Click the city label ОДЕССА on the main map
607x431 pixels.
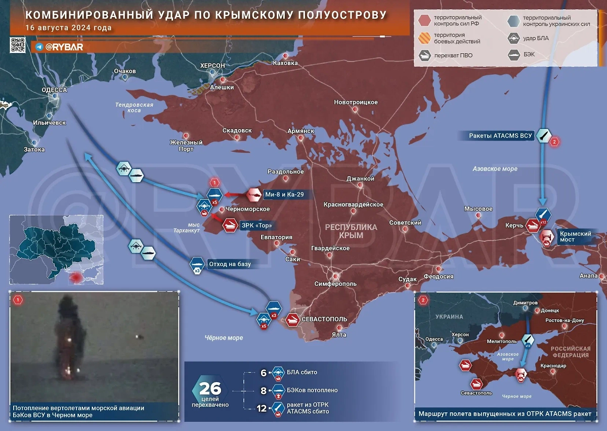tap(54, 90)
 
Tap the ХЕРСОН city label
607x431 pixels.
tap(212, 66)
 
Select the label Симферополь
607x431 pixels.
tap(335, 284)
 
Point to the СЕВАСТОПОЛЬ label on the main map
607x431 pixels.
tap(324, 319)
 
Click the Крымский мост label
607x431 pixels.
tap(575, 237)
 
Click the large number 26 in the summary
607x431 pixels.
tap(209, 389)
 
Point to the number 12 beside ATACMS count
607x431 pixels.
tap(262, 407)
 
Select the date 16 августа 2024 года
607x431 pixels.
tap(69, 28)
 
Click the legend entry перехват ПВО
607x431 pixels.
tap(453, 55)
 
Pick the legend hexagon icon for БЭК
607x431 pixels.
tap(514, 55)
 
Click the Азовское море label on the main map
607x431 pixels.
tap(495, 168)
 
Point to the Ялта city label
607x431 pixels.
tap(339, 334)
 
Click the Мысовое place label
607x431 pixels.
tap(478, 209)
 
